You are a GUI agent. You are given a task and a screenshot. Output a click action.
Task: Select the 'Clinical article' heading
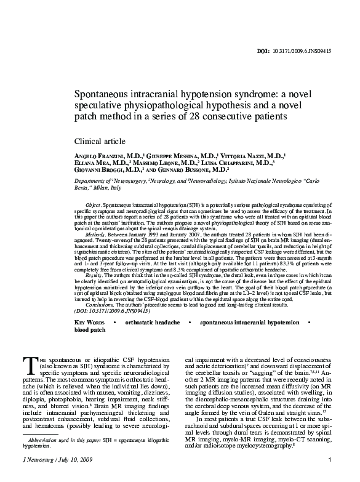click(100, 142)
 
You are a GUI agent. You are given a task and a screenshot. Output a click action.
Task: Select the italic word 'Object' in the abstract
click(93, 203)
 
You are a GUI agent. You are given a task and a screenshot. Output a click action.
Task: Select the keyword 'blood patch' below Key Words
click(90, 330)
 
